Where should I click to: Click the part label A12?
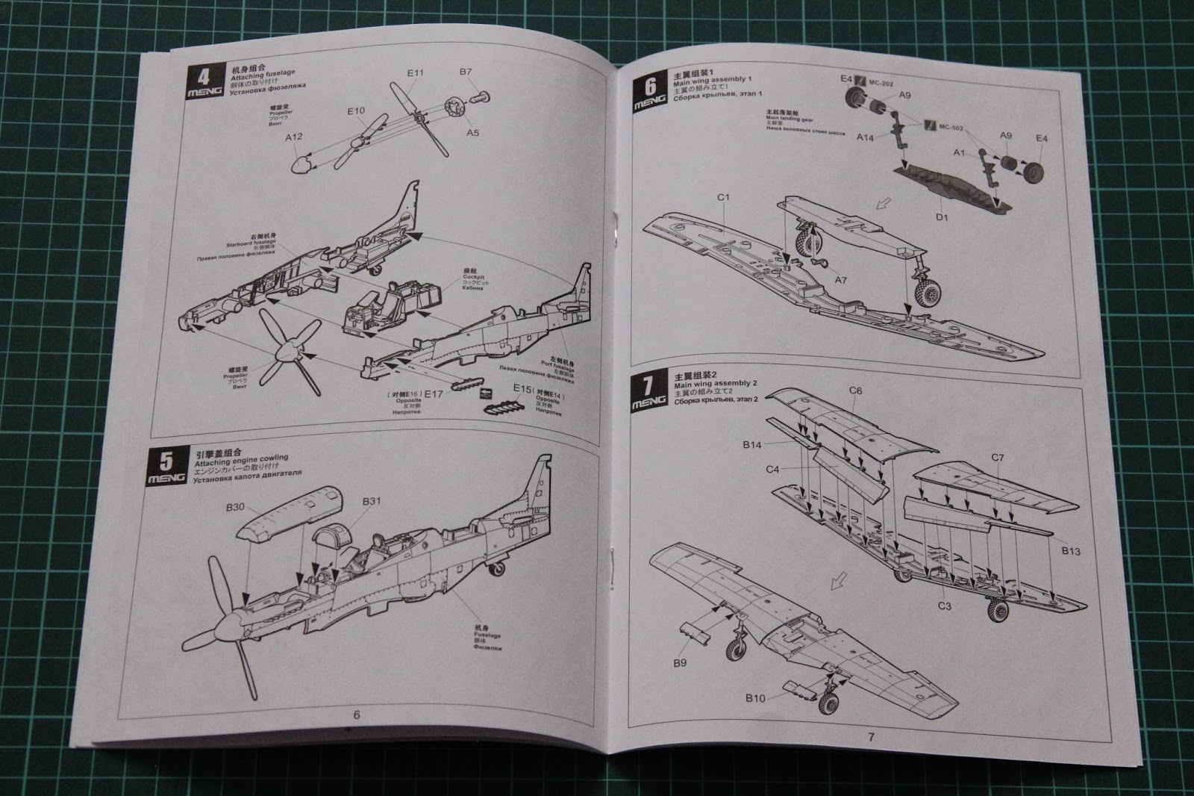[x=293, y=137]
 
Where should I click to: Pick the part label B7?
[x=466, y=72]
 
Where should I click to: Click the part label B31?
[x=372, y=501]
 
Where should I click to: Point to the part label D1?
[x=941, y=217]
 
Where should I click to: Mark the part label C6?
[x=855, y=391]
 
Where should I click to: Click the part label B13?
[x=1070, y=551]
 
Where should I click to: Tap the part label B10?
[x=754, y=698]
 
